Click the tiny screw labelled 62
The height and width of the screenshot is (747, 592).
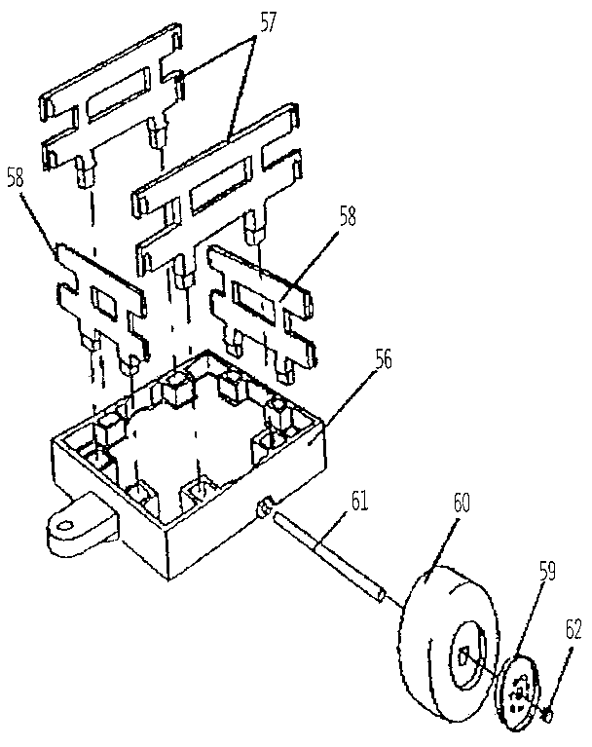coord(547,716)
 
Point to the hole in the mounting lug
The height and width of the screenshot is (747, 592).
coord(65,527)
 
